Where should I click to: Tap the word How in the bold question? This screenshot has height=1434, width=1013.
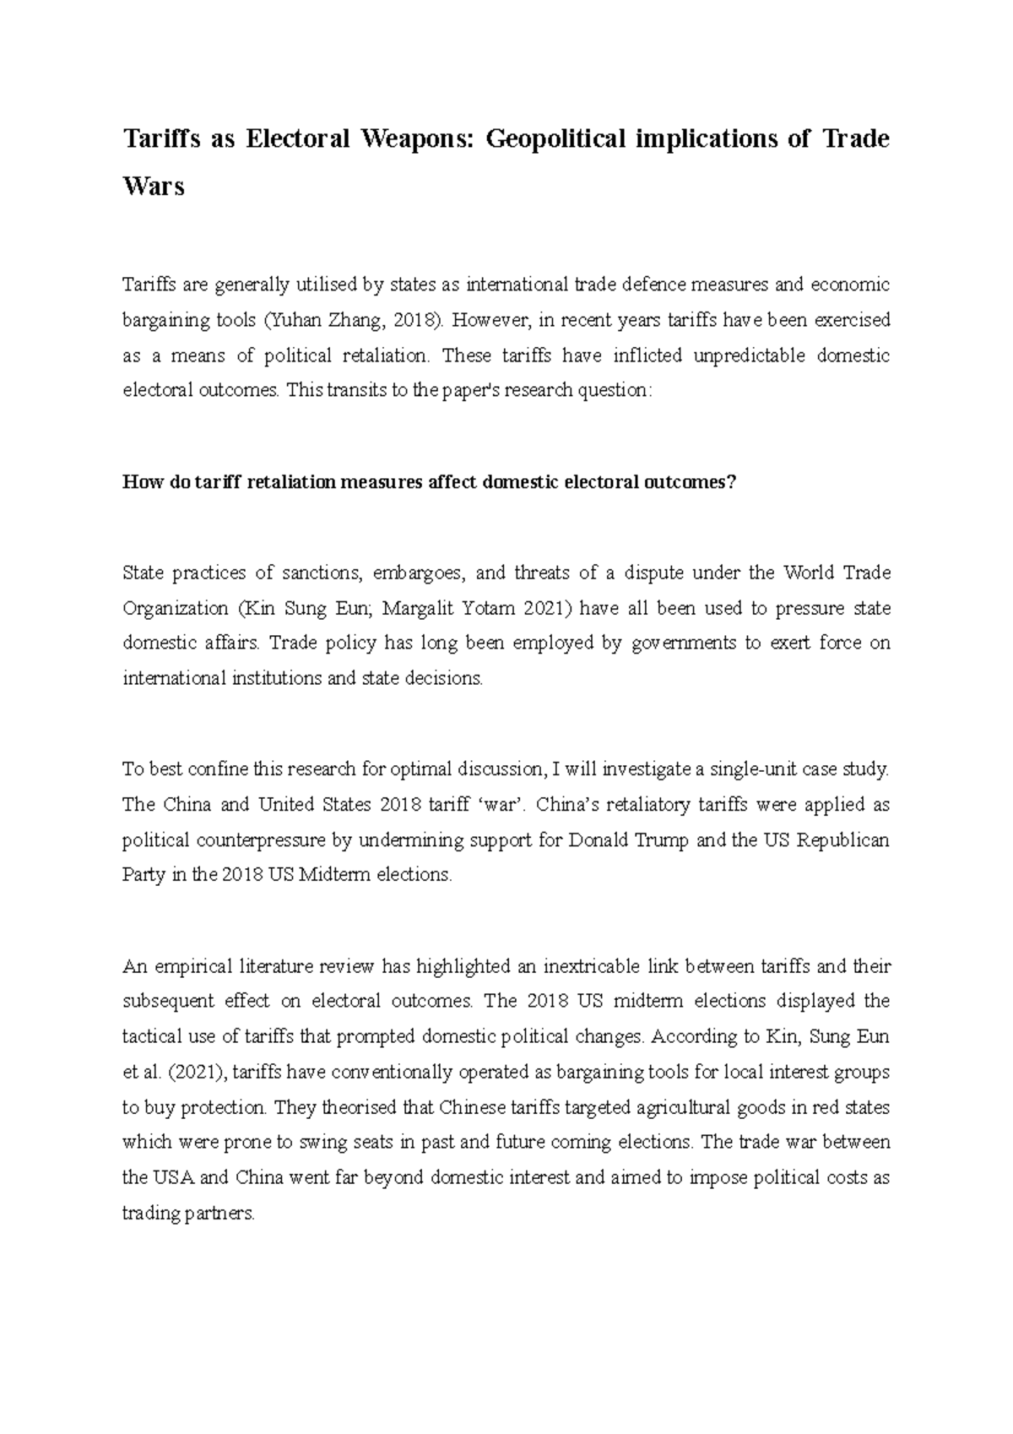point(138,482)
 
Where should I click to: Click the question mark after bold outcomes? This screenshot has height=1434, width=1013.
point(733,482)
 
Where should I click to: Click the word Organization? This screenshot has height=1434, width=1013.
point(175,608)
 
